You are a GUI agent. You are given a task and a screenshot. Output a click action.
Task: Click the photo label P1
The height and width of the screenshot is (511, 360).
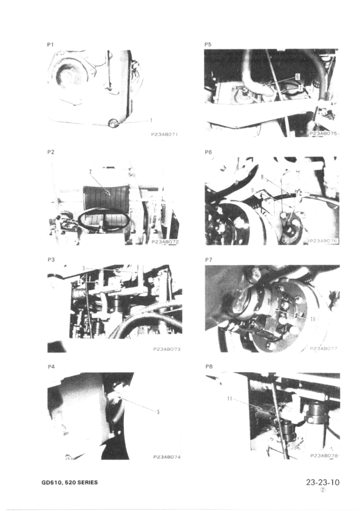[51, 45]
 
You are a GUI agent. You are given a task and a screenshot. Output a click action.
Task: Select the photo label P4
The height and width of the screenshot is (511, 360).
[51, 367]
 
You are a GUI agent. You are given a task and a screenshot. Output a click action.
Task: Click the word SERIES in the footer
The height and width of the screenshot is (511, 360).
[86, 483]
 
